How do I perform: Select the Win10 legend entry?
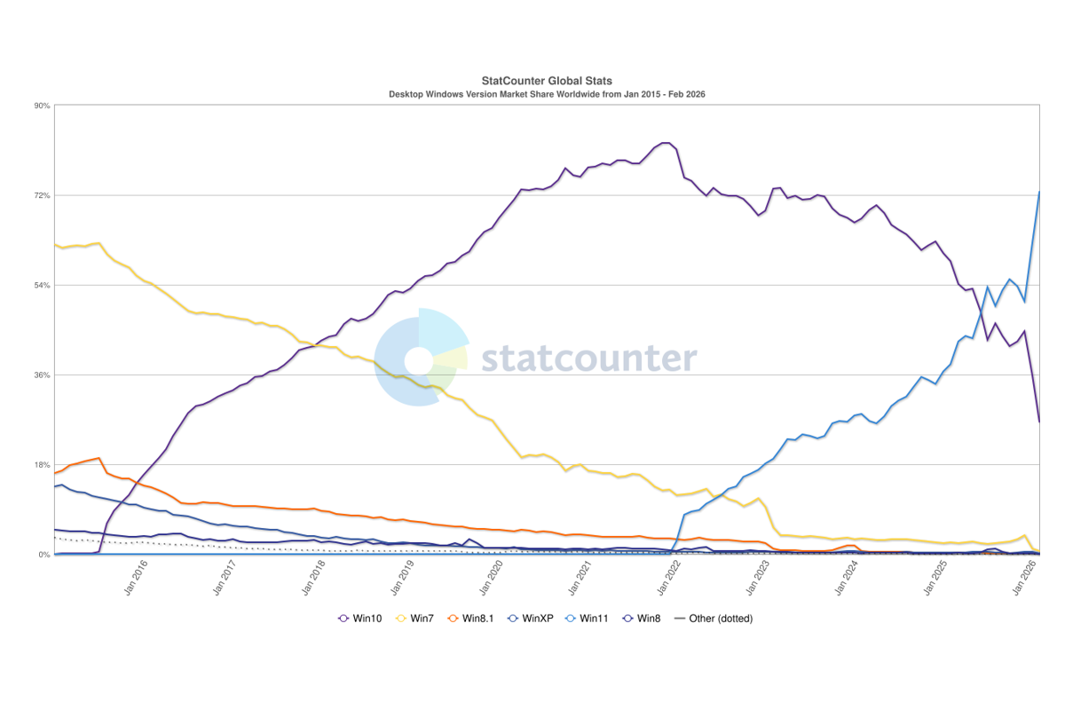[360, 619]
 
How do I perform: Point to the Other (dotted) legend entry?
[714, 619]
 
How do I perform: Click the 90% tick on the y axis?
[41, 106]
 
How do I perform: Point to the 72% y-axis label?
[41, 195]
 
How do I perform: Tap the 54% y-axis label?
[41, 285]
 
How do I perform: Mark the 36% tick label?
[41, 375]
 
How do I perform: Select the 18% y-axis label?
[41, 464]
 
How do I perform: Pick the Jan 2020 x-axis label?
[491, 580]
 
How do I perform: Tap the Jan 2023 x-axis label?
[761, 580]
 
